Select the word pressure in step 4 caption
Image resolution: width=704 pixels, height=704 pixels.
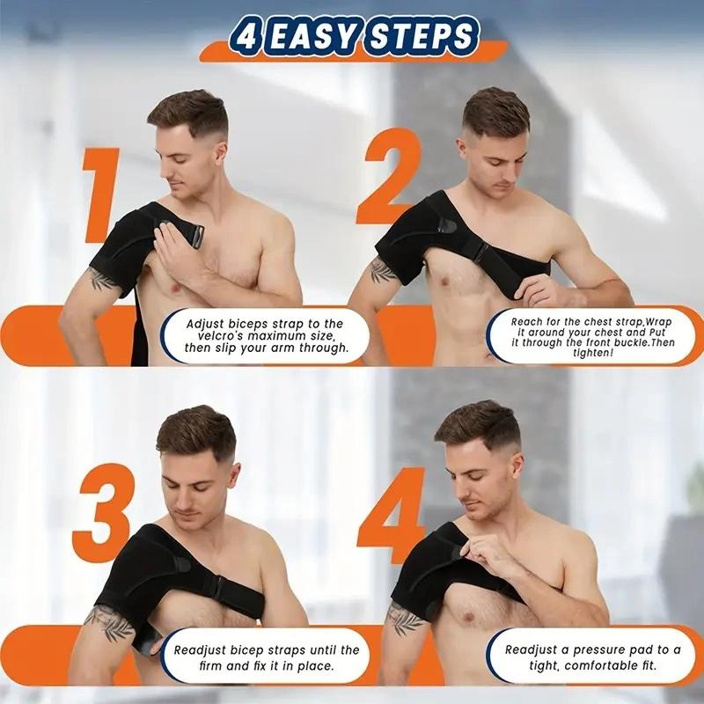601,650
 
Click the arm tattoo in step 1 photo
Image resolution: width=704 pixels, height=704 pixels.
102,280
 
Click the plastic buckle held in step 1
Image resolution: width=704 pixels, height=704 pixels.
191,236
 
